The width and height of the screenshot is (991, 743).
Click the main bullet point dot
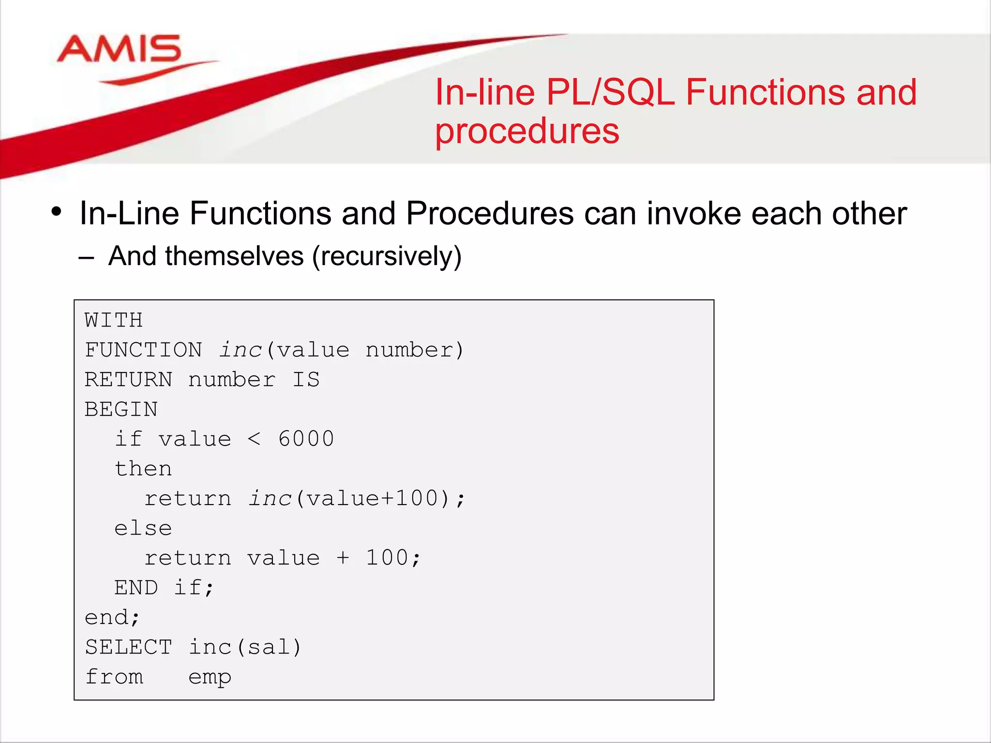tap(57, 212)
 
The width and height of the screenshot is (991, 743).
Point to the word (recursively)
tap(387, 256)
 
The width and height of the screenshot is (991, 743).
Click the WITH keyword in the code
tap(113, 320)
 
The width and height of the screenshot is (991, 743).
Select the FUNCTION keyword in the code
tap(143, 350)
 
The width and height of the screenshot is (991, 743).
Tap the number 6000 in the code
tap(306, 439)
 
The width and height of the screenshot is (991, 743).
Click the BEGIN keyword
tap(121, 409)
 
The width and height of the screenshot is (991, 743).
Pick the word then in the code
tap(143, 469)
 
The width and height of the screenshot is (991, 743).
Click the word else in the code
tap(143, 528)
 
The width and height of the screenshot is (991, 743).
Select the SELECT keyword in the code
tap(128, 647)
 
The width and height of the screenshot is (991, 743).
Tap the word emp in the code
tap(210, 677)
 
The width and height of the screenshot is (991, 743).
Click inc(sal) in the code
tap(245, 647)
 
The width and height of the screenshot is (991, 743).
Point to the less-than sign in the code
tap(254, 439)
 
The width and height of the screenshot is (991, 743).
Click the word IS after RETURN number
tap(306, 380)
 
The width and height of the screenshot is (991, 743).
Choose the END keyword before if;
tap(136, 588)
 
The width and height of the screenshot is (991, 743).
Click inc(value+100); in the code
tap(357, 499)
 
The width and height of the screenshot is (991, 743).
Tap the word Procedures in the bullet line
tap(489, 213)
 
